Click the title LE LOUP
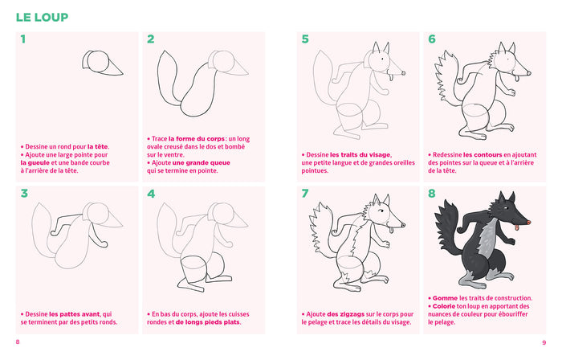(42, 17)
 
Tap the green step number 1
(23, 39)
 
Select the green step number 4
(151, 194)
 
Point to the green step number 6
(432, 39)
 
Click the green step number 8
(432, 194)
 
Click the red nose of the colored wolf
(528, 223)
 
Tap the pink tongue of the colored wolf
(517, 227)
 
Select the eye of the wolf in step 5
(382, 58)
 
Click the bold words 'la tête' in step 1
(98, 147)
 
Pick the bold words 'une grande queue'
(201, 163)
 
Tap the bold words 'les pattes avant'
(75, 314)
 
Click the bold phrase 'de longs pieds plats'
(207, 322)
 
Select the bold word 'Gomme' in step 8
(445, 298)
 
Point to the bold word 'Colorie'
(444, 307)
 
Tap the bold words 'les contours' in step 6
(483, 155)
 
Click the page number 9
(544, 343)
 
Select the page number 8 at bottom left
(18, 342)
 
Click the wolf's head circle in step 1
(98, 62)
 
